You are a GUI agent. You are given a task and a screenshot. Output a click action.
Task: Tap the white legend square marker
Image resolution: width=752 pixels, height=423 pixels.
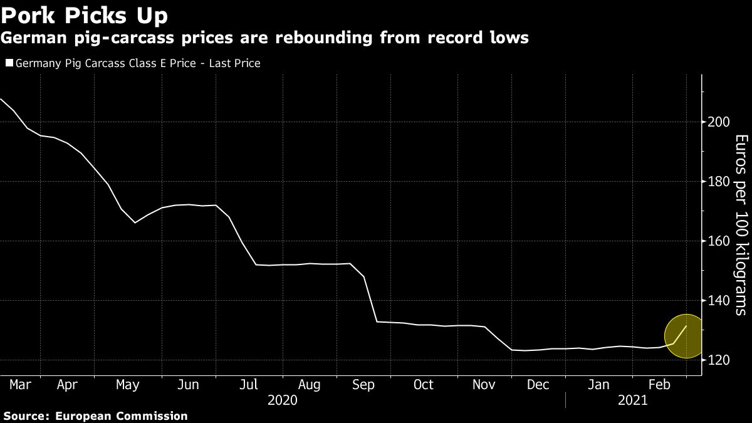click(9, 63)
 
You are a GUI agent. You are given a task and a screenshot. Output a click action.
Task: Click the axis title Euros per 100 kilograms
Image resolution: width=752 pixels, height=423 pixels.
click(740, 224)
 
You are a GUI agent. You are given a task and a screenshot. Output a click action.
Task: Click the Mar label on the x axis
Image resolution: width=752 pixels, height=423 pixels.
click(20, 385)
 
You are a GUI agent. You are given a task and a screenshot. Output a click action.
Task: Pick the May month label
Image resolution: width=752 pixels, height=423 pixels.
click(128, 385)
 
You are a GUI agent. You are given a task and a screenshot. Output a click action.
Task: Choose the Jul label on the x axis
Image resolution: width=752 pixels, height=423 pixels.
click(249, 385)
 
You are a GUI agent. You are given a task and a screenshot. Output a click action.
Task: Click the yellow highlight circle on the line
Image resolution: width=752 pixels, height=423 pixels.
click(686, 337)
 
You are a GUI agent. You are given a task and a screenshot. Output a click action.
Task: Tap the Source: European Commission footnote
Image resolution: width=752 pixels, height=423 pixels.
click(95, 415)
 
